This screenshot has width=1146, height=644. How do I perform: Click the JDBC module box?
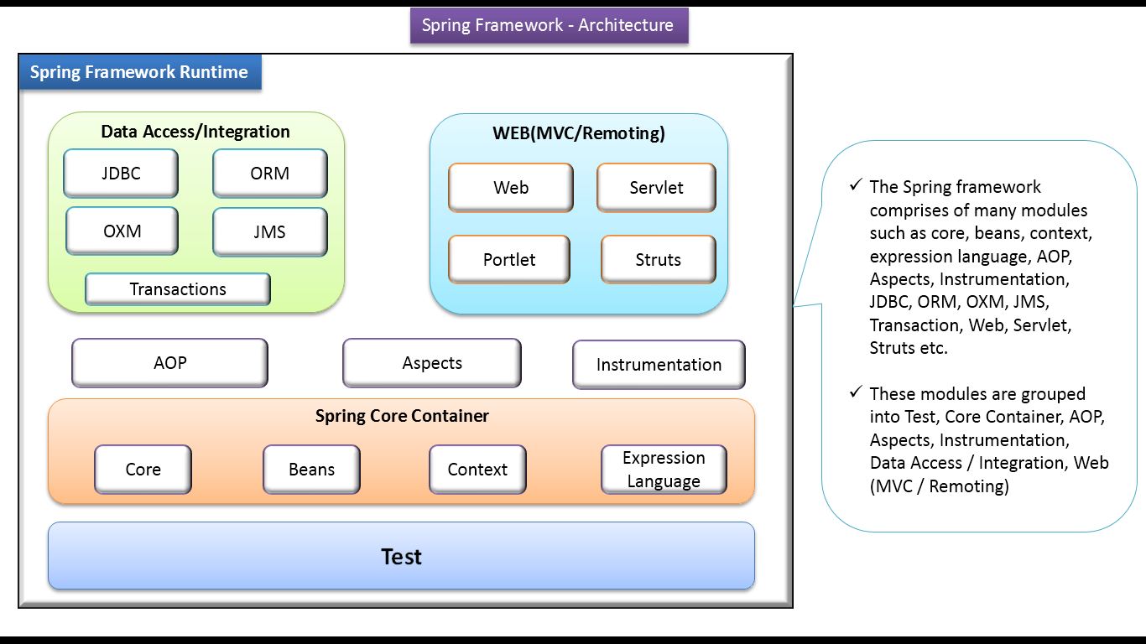pos(121,174)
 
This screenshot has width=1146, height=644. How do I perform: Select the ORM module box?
pos(269,174)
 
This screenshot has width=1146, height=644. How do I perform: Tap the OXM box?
pos(122,231)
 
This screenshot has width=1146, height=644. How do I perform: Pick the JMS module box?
pos(269,232)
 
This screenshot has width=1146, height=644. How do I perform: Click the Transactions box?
pos(178,289)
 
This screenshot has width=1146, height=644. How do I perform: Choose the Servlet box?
pos(656,188)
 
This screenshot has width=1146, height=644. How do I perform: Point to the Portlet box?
pos(509,260)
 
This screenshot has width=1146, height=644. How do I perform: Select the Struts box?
pos(658,260)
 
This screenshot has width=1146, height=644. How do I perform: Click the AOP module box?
pos(169,363)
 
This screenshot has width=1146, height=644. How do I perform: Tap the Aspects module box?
pos(431,363)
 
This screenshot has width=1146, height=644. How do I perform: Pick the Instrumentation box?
pos(659,365)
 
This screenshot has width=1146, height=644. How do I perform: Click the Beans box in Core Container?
pos(311,470)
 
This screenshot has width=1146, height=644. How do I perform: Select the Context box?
pos(477,470)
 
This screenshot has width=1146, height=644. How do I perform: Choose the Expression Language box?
pos(664,470)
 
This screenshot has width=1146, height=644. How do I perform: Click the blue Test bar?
pos(401,557)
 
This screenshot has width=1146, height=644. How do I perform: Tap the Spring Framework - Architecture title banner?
pos(549,25)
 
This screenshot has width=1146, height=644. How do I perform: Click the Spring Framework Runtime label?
pos(139,72)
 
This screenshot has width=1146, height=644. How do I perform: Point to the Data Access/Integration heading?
pos(195,132)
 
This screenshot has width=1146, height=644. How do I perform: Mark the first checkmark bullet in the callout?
pos(856,184)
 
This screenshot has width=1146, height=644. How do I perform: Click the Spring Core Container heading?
pos(402,416)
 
